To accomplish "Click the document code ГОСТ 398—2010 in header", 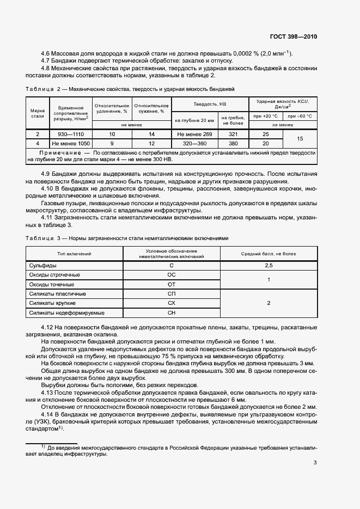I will click(x=293, y=36).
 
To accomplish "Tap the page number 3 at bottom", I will click(x=315, y=463).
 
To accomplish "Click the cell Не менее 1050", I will click(x=70, y=143).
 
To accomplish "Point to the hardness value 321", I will click(x=234, y=134).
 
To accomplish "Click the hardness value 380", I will click(x=234, y=143).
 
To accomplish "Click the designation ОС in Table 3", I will click(x=171, y=275).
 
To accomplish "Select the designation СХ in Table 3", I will click(x=171, y=303).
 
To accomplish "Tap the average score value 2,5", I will click(x=268, y=265).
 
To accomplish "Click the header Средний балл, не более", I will click(x=268, y=254).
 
